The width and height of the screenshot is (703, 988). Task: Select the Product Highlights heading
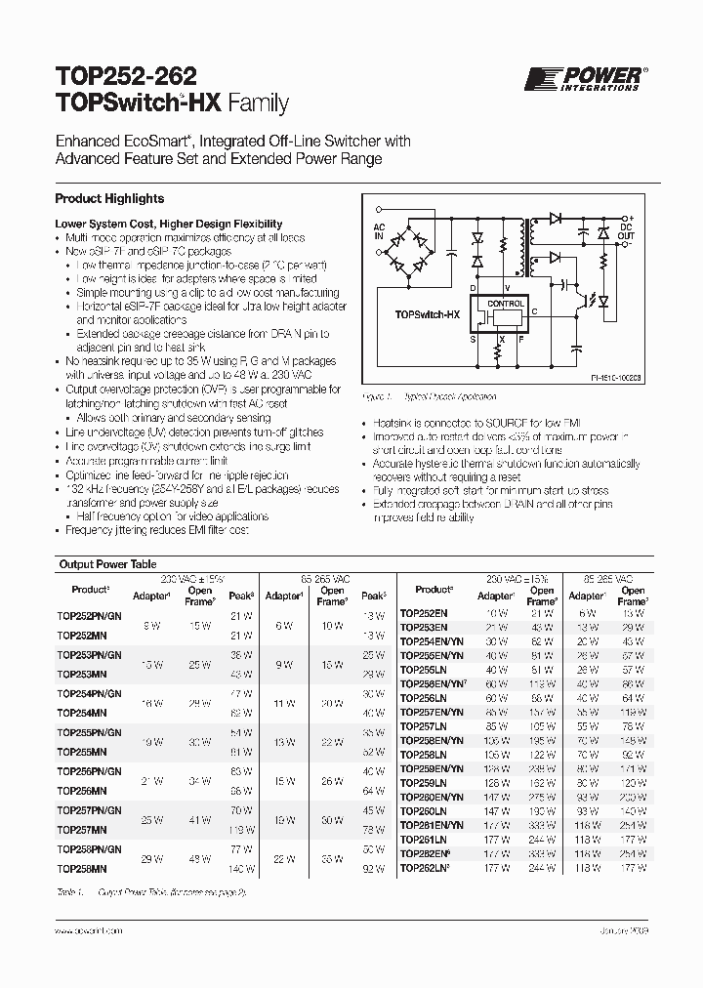[109, 199]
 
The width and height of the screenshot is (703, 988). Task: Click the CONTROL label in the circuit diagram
[505, 303]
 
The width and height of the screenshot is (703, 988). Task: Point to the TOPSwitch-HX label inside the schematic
[429, 315]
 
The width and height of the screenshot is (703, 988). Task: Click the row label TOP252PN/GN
[89, 613]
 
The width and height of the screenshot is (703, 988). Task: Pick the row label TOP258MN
[83, 868]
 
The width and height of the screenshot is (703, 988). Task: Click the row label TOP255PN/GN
[89, 732]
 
